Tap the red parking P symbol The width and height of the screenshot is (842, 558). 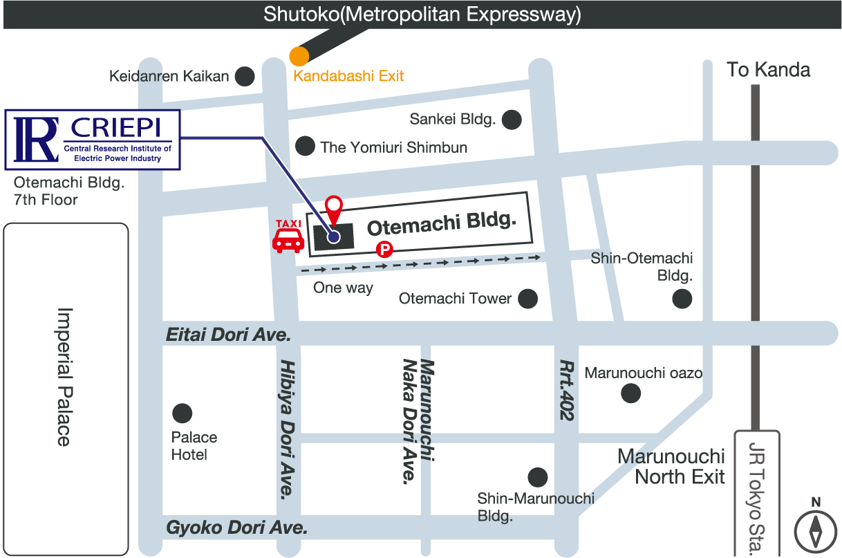pyautogui.click(x=384, y=250)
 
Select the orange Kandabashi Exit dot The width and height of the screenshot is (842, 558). pyautogui.click(x=299, y=57)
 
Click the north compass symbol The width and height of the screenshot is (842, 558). pyautogui.click(x=816, y=529)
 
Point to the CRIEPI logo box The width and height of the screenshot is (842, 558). pyautogui.click(x=93, y=140)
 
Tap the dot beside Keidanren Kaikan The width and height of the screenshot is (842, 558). pyautogui.click(x=245, y=76)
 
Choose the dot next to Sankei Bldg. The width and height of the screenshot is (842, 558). pyautogui.click(x=512, y=120)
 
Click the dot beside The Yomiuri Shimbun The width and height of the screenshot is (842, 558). pyautogui.click(x=305, y=146)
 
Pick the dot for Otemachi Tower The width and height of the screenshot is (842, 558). pyautogui.click(x=527, y=299)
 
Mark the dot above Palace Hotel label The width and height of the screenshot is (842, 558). pyautogui.click(x=183, y=413)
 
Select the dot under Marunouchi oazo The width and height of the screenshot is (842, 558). pyautogui.click(x=630, y=393)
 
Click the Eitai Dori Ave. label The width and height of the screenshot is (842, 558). pyautogui.click(x=228, y=335)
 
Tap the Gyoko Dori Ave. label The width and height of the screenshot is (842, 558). pyautogui.click(x=236, y=528)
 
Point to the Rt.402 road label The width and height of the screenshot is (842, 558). pyautogui.click(x=567, y=390)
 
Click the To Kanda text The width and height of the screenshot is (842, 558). pyautogui.click(x=769, y=70)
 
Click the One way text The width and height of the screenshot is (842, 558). pyautogui.click(x=343, y=288)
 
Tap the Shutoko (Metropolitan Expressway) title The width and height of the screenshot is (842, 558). pyautogui.click(x=422, y=15)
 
